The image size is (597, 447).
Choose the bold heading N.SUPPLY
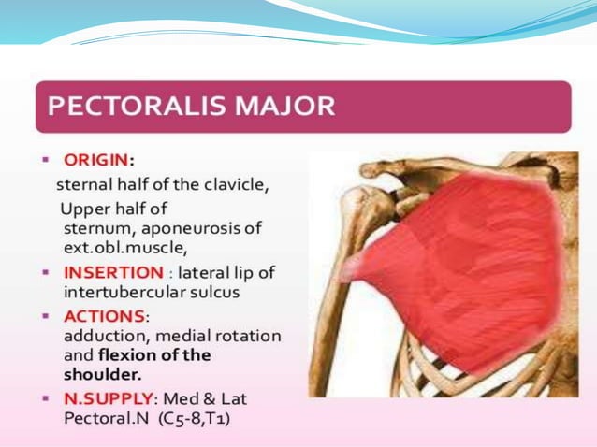(x=104, y=397)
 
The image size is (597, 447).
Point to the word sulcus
(x=215, y=292)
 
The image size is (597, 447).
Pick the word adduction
(x=100, y=335)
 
